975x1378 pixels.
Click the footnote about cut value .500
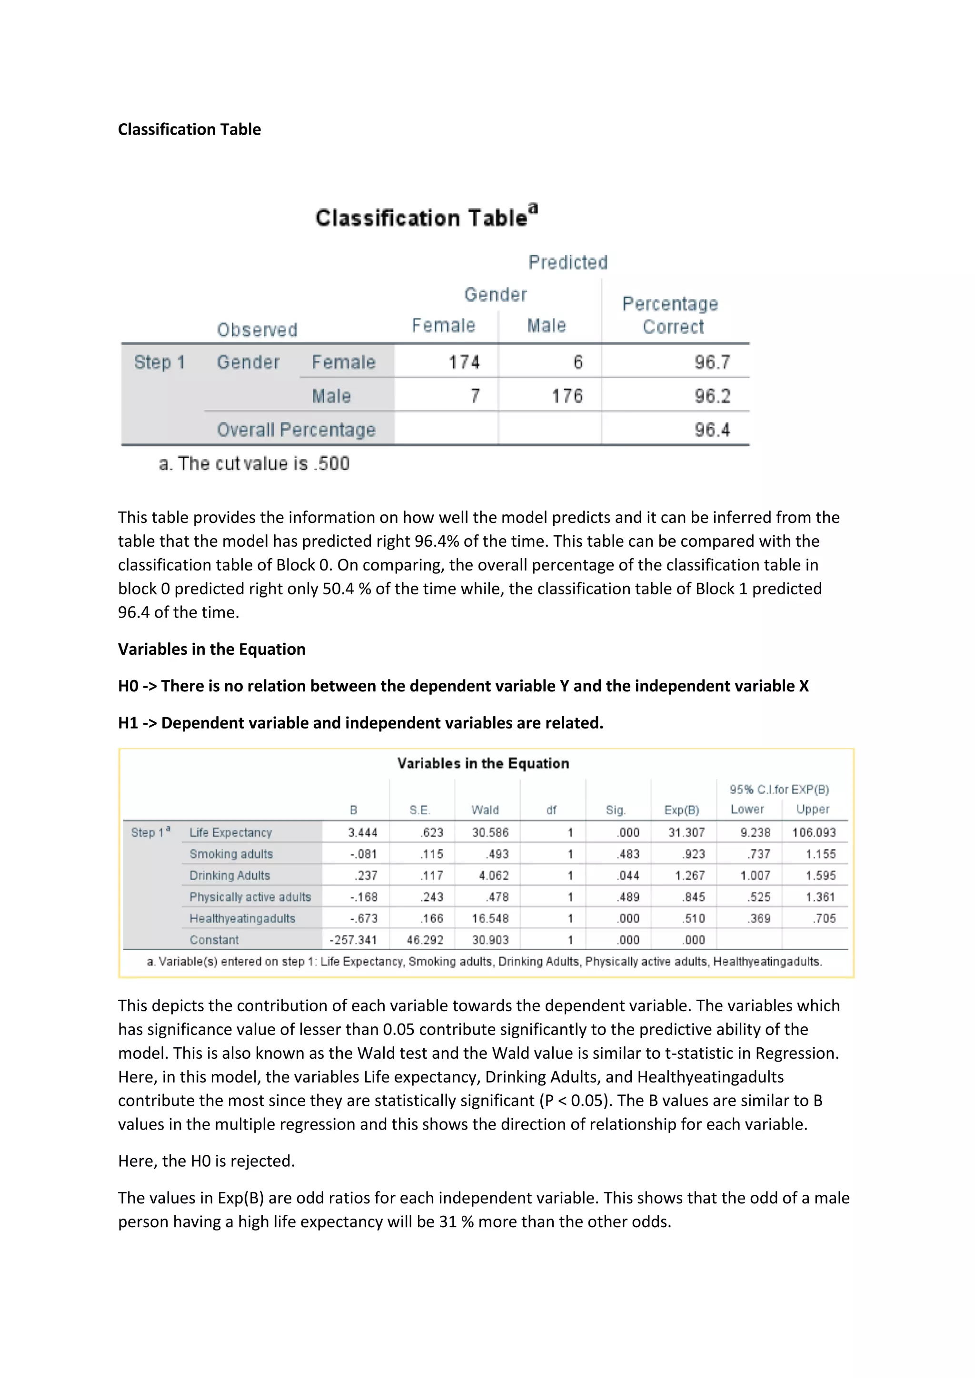pyautogui.click(x=254, y=464)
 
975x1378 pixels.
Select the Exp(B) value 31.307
pyautogui.click(x=686, y=832)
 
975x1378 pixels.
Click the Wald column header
pyautogui.click(x=485, y=810)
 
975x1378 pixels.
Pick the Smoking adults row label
pyautogui.click(x=231, y=854)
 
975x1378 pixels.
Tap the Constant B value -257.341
pyautogui.click(x=353, y=940)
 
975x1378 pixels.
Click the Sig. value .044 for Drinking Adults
pyautogui.click(x=628, y=876)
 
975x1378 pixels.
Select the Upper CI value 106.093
pyautogui.click(x=814, y=832)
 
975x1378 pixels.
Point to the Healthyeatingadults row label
pyautogui.click(x=242, y=918)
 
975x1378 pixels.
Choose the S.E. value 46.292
pyautogui.click(x=425, y=940)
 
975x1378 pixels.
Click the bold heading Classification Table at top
pyautogui.click(x=189, y=129)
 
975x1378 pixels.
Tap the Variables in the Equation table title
pyautogui.click(x=483, y=763)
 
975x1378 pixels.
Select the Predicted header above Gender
pyautogui.click(x=567, y=262)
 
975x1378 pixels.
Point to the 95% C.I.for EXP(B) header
pyautogui.click(x=779, y=789)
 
